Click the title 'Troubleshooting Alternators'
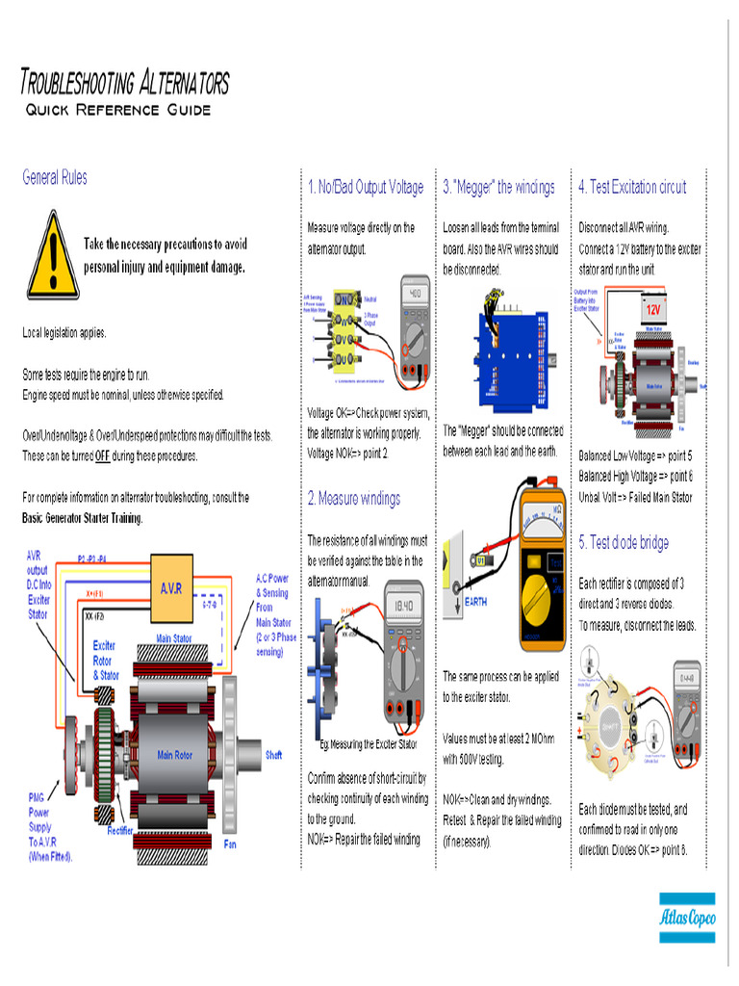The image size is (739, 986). point(125,83)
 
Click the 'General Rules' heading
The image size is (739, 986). point(55,177)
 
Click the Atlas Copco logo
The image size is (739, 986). point(687,918)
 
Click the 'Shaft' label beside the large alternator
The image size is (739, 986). point(273,755)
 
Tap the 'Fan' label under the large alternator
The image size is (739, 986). point(229,844)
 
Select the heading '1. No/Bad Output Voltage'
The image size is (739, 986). point(366,187)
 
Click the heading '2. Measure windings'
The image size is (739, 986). point(353,499)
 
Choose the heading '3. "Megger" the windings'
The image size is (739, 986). point(498,187)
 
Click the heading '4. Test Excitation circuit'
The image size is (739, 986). point(632,187)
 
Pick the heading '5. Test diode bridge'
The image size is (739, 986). point(624,543)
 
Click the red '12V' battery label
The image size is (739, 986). point(653,310)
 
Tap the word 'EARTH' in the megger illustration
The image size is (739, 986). point(482,598)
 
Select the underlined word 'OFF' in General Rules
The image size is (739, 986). point(102,456)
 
